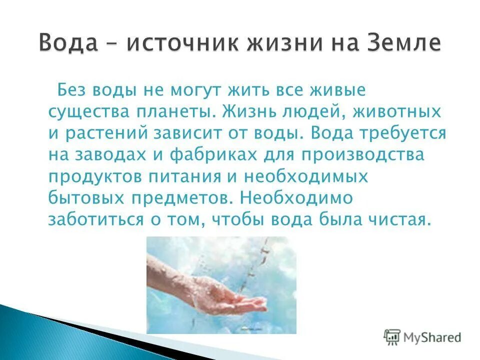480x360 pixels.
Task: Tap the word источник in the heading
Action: pyautogui.click(x=182, y=44)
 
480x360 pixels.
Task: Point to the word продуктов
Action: pyautogui.click(x=96, y=177)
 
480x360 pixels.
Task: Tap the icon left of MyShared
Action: pyautogui.click(x=393, y=337)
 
